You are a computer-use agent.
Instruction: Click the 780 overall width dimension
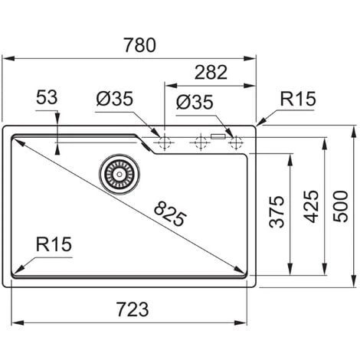139,45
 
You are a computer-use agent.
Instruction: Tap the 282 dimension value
211,72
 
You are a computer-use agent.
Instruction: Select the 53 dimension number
47,97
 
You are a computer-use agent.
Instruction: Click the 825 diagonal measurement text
170,214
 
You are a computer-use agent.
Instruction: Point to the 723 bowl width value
133,309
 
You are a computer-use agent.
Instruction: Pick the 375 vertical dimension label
277,211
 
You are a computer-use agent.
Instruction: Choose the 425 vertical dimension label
311,207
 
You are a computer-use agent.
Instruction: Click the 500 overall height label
341,206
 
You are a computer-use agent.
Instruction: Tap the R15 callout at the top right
298,99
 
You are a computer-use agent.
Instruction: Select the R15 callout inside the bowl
54,244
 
